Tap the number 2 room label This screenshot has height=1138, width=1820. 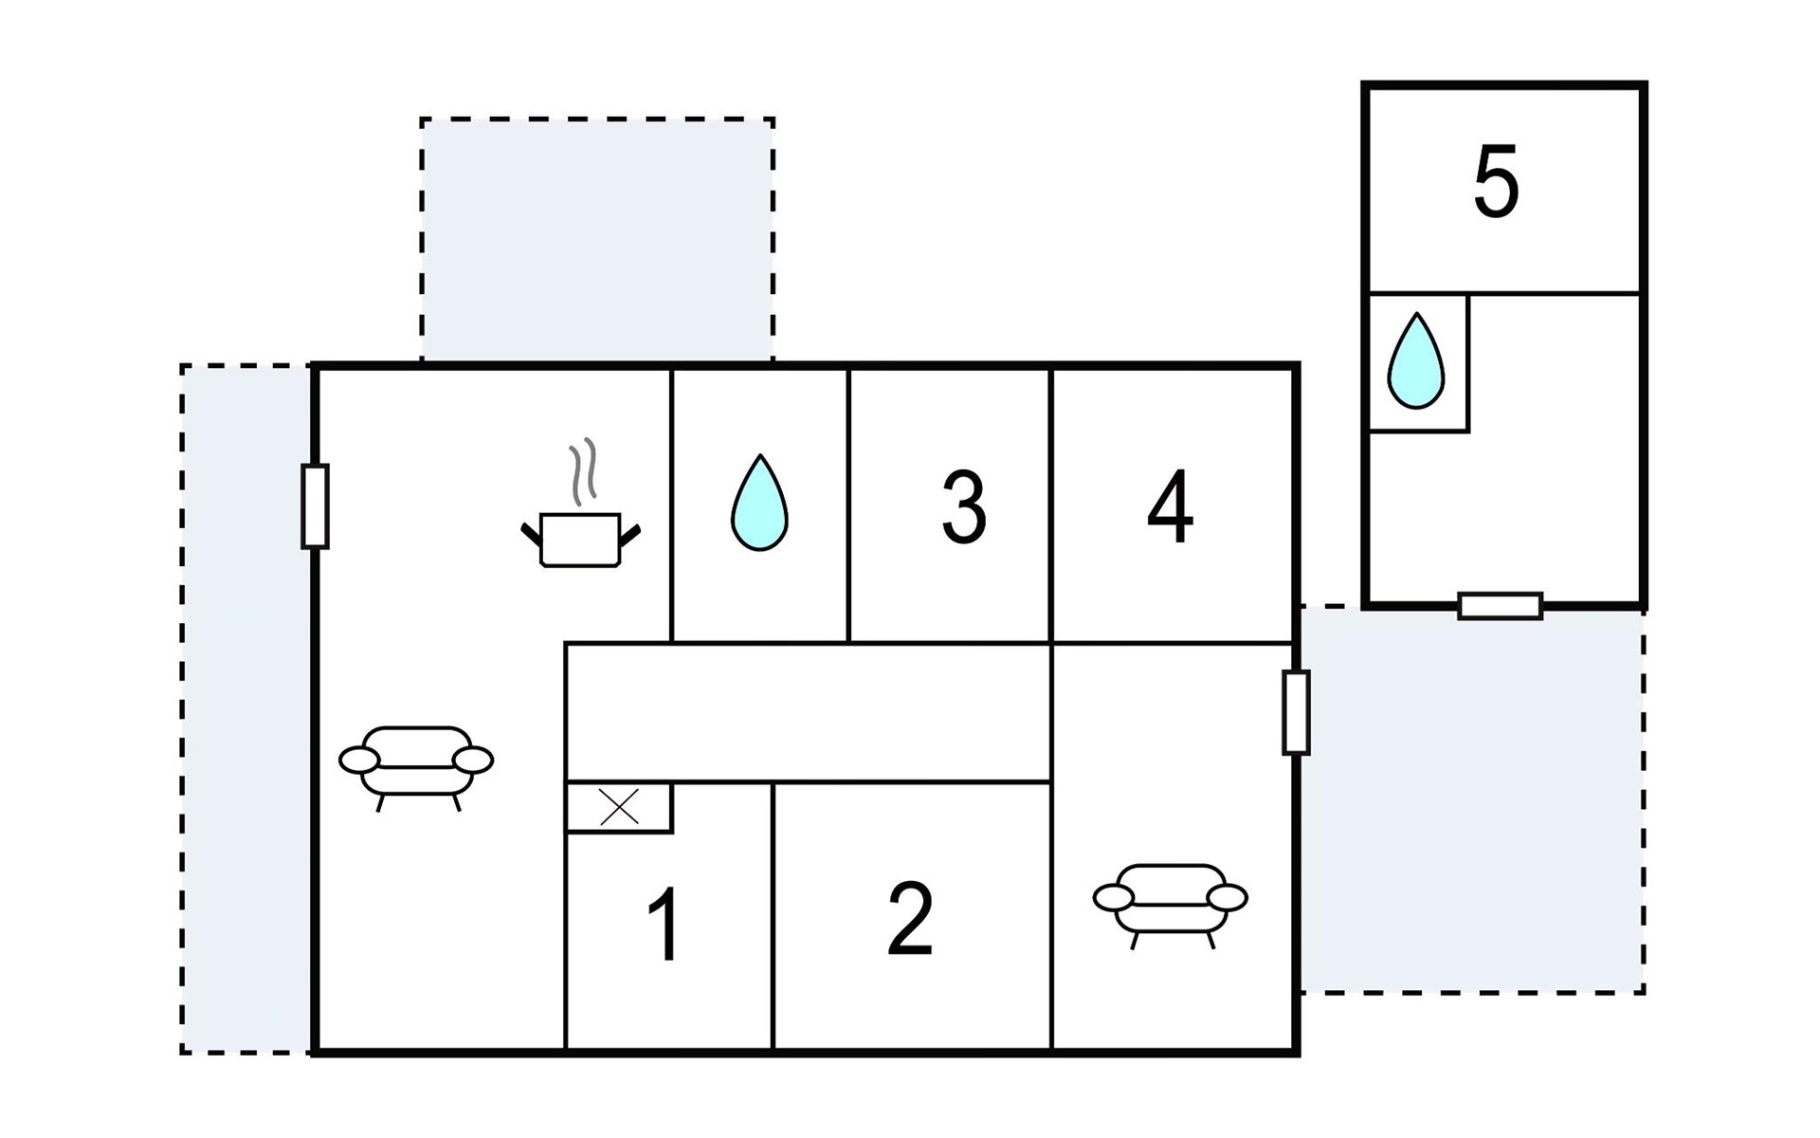pos(910,918)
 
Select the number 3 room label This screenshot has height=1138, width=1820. pos(963,506)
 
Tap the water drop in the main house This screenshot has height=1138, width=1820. pos(759,503)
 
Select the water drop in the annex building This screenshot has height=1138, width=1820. pos(1415,360)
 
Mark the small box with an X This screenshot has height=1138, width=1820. pos(619,808)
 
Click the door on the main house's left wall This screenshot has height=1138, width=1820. pos(315,506)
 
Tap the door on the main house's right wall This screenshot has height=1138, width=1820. pos(1296,712)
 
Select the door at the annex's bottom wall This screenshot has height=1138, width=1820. pos(1501,606)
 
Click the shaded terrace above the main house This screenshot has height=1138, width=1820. pos(597,240)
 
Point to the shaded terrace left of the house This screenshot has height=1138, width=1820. pos(246,708)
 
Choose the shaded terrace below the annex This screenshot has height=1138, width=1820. pos(1472,799)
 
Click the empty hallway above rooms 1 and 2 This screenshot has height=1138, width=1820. pos(809,712)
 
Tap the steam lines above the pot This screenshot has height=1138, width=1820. pos(583,469)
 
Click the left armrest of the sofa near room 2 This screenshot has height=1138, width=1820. pos(1113,896)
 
